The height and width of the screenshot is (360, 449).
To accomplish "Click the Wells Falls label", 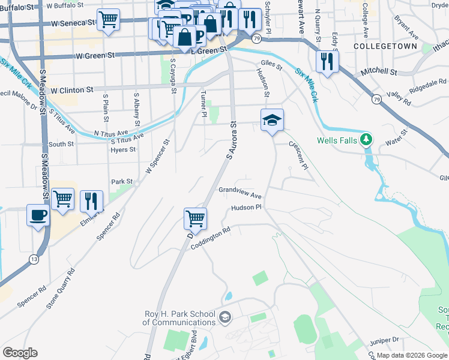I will click(337, 142).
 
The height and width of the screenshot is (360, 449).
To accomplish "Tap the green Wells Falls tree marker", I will click(366, 141).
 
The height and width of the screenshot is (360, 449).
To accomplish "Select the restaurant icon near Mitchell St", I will click(327, 61).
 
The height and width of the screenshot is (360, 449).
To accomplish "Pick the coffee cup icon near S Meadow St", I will click(38, 214).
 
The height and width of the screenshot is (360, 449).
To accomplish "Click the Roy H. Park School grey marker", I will click(225, 317).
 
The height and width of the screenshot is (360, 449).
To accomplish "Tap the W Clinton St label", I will click(72, 90).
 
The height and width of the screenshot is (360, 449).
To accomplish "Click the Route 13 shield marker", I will click(34, 259).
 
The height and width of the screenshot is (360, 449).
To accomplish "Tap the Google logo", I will click(20, 353).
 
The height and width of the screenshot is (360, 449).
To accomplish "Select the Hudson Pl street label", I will click(247, 208).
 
